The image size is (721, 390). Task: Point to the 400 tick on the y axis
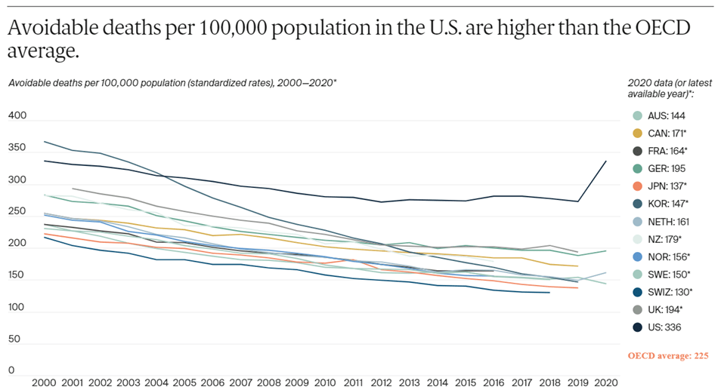(x=17, y=116)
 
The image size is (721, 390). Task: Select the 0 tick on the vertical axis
(x=11, y=370)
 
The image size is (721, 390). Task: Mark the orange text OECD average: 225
(x=668, y=355)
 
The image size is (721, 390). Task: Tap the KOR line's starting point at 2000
(x=44, y=141)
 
